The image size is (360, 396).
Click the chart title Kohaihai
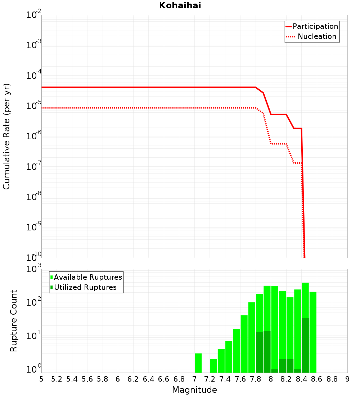click(180, 5)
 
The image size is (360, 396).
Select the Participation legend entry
click(312, 26)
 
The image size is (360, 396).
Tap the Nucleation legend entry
click(311, 36)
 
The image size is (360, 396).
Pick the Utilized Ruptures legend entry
click(84, 287)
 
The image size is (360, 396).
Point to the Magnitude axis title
click(194, 390)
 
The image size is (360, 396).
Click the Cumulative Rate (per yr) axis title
click(6, 136)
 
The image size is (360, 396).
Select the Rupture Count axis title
click(13, 321)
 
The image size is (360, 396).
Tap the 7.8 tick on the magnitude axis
click(255, 379)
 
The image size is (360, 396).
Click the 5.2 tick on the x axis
click(57, 379)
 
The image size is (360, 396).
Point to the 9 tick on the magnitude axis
click(347, 379)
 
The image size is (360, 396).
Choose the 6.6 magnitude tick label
click(163, 379)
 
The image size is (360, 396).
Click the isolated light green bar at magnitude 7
click(198, 363)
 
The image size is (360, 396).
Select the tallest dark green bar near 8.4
click(305, 345)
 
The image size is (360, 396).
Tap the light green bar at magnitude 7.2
click(213, 366)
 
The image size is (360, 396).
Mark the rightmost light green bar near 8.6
click(313, 332)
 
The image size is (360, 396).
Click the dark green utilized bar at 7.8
click(259, 352)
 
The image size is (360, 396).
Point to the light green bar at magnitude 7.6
click(244, 344)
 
